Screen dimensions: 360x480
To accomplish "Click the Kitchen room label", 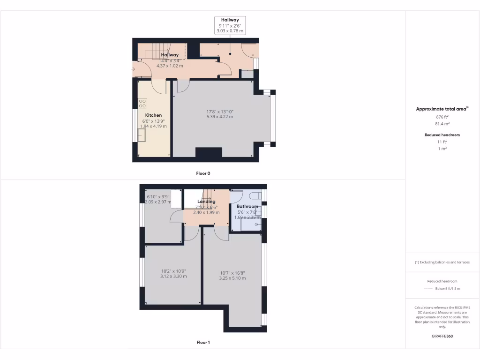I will click(x=153, y=115).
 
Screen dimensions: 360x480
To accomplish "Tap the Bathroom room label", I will click(x=247, y=206).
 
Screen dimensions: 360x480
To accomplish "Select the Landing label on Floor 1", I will click(x=206, y=202).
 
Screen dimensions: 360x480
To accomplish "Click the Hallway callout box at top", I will click(x=230, y=25).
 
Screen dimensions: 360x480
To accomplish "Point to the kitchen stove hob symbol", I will click(x=142, y=103).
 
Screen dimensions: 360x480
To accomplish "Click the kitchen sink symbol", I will click(x=142, y=135).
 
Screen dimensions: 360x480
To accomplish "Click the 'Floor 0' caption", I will click(x=203, y=173).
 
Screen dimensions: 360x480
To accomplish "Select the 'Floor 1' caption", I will click(x=203, y=343).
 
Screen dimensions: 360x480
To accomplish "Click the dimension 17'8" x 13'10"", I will click(x=220, y=112).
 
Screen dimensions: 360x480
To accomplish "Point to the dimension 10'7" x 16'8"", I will click(x=232, y=273).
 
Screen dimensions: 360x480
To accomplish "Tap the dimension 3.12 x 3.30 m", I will click(x=173, y=276).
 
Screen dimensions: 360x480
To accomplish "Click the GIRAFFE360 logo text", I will click(x=442, y=336).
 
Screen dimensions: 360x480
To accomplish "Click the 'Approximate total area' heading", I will click(x=442, y=109).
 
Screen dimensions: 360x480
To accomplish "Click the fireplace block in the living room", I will click(x=208, y=153).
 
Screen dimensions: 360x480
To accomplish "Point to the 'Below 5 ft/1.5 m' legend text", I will click(x=448, y=289).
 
